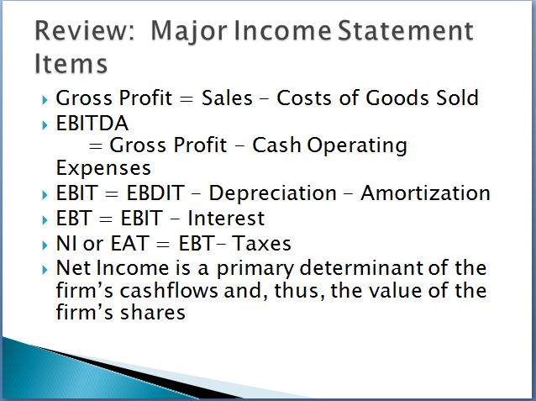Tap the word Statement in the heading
click(x=405, y=31)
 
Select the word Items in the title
click(x=71, y=64)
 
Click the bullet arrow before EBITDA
click(x=45, y=125)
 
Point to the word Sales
click(x=227, y=98)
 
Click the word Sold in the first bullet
click(x=457, y=98)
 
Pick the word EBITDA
click(x=92, y=124)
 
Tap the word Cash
click(x=276, y=145)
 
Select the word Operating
click(x=357, y=146)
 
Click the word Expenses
click(x=103, y=168)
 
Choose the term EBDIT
click(x=155, y=193)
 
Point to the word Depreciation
click(x=273, y=193)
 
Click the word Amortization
click(x=425, y=193)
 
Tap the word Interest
click(x=226, y=219)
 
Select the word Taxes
click(x=261, y=244)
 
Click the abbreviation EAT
click(x=129, y=244)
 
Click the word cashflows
click(x=169, y=291)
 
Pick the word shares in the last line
click(x=152, y=313)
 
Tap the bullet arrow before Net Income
click(x=45, y=271)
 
